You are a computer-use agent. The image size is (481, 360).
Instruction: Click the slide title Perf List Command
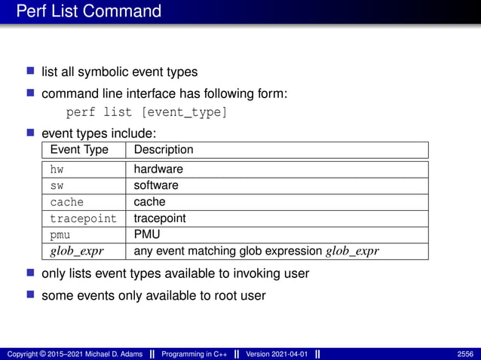[89, 11]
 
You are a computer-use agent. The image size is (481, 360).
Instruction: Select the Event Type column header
[79, 150]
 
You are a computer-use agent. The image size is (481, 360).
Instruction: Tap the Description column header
[164, 150]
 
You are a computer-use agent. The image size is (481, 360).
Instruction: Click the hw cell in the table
[57, 169]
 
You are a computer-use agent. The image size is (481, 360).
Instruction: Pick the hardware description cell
[158, 169]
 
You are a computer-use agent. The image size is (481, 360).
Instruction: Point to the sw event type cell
[57, 185]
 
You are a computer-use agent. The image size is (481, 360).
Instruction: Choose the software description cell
[156, 185]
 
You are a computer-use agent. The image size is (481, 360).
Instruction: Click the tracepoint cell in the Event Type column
[83, 218]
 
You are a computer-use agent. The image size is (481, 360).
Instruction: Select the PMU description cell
[147, 234]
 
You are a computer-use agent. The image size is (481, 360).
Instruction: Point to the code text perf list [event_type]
[146, 113]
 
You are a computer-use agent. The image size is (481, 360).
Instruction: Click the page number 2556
[465, 353]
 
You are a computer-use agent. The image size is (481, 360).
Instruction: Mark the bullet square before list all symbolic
[31, 72]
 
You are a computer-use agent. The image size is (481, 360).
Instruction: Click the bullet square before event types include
[31, 133]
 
